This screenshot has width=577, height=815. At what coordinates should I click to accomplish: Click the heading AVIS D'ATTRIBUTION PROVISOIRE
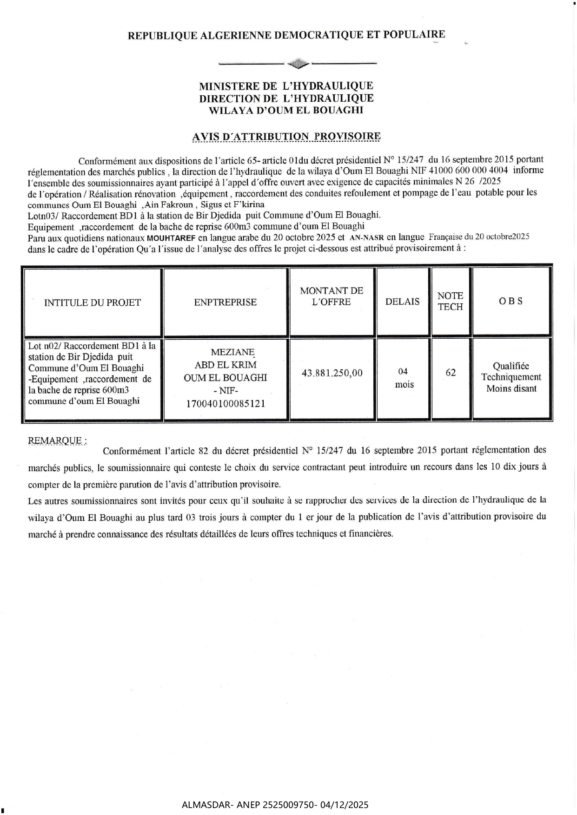(286, 137)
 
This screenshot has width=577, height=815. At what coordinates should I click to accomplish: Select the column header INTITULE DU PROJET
(92, 302)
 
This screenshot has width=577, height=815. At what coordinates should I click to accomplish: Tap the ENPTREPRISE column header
(225, 302)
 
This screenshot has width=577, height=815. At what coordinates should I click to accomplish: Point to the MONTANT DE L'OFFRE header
(332, 296)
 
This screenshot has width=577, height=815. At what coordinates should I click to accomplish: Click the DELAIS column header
(403, 302)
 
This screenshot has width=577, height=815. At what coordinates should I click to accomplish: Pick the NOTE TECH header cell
(450, 301)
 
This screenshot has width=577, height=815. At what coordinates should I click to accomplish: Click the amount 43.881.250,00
(332, 373)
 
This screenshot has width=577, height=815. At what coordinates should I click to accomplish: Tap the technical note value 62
(451, 373)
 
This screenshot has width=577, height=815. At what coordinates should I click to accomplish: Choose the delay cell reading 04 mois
(403, 378)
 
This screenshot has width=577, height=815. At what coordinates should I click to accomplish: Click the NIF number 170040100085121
(225, 403)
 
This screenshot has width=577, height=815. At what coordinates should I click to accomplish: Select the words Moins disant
(511, 388)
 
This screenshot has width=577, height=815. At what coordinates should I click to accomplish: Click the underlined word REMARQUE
(56, 440)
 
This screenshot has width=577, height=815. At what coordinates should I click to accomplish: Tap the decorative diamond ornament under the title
(298, 63)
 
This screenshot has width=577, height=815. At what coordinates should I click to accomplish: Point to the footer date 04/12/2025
(345, 805)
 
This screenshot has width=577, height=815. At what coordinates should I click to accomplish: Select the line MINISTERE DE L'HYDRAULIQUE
(286, 86)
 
